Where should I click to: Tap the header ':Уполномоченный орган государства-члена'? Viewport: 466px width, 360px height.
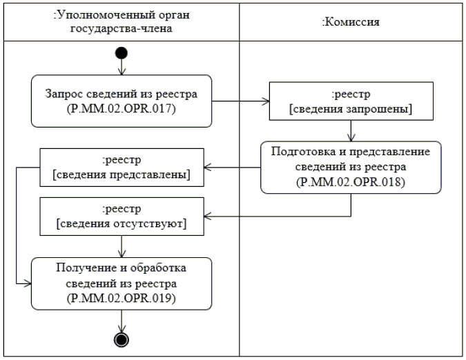[x=122, y=22]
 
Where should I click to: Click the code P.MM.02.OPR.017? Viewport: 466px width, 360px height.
[x=122, y=109]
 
